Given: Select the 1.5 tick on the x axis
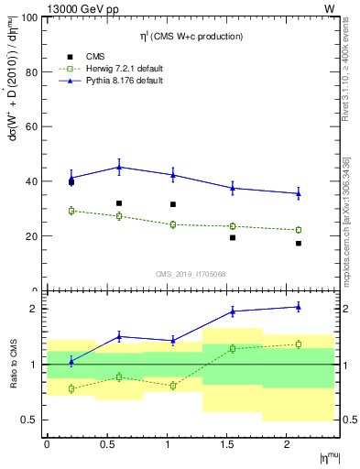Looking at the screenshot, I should [x=228, y=445].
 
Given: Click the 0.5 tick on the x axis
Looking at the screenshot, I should [x=107, y=445].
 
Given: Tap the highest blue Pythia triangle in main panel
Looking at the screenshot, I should [x=119, y=167].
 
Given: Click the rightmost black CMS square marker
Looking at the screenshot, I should [x=299, y=244].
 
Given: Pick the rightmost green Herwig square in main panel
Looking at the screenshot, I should [x=299, y=230].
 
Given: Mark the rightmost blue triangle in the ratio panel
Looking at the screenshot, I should [x=299, y=307].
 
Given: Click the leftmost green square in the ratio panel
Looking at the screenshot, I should [x=71, y=388].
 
